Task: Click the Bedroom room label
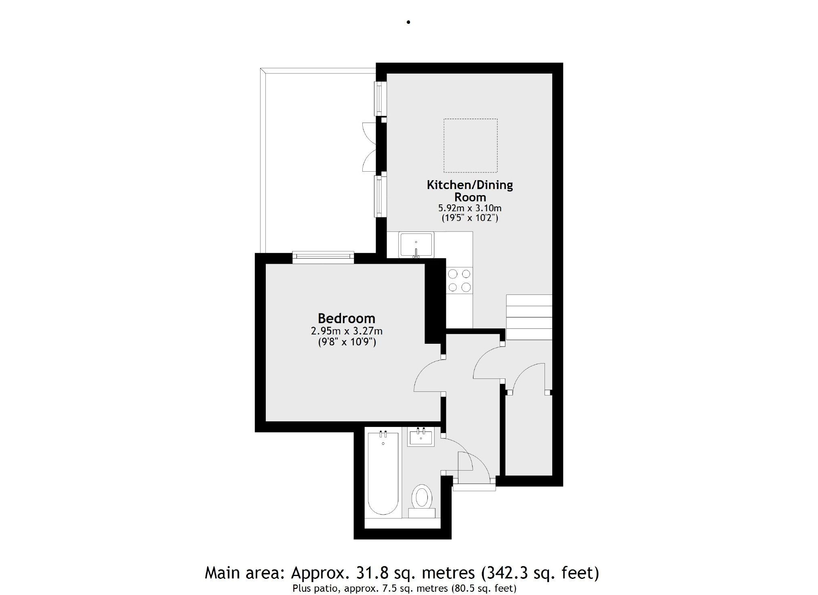pyautogui.click(x=346, y=318)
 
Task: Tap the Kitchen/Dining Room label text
pyautogui.click(x=470, y=191)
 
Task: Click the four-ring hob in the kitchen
pyautogui.click(x=459, y=280)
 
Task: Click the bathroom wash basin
pyautogui.click(x=421, y=437)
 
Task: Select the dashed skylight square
pyautogui.click(x=471, y=145)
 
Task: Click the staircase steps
pyautogui.click(x=529, y=317)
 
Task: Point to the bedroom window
pyautogui.click(x=323, y=257)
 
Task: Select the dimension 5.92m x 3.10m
pyautogui.click(x=470, y=208)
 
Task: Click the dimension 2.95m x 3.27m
pyautogui.click(x=346, y=331)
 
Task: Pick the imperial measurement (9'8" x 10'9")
pyautogui.click(x=346, y=343)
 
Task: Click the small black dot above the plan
pyautogui.click(x=408, y=22)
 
